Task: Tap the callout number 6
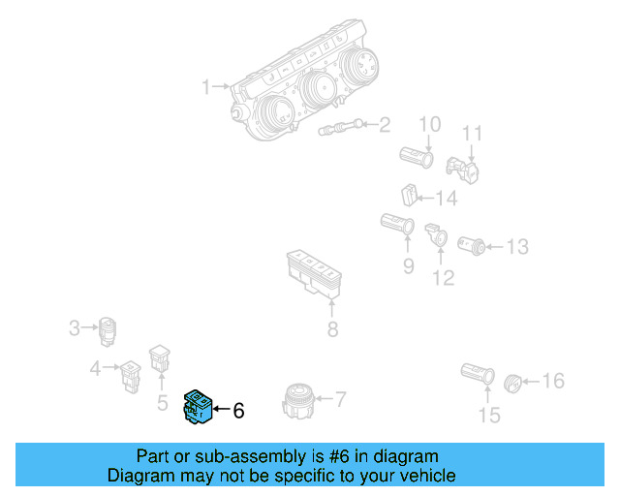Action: tap(238, 411)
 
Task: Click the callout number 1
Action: tap(206, 88)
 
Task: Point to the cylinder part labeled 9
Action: tap(398, 226)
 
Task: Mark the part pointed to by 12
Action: tap(436, 233)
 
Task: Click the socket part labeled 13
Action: tap(472, 244)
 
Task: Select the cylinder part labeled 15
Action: tap(478, 373)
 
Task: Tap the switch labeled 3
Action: tap(108, 331)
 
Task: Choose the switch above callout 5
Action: tap(159, 359)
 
